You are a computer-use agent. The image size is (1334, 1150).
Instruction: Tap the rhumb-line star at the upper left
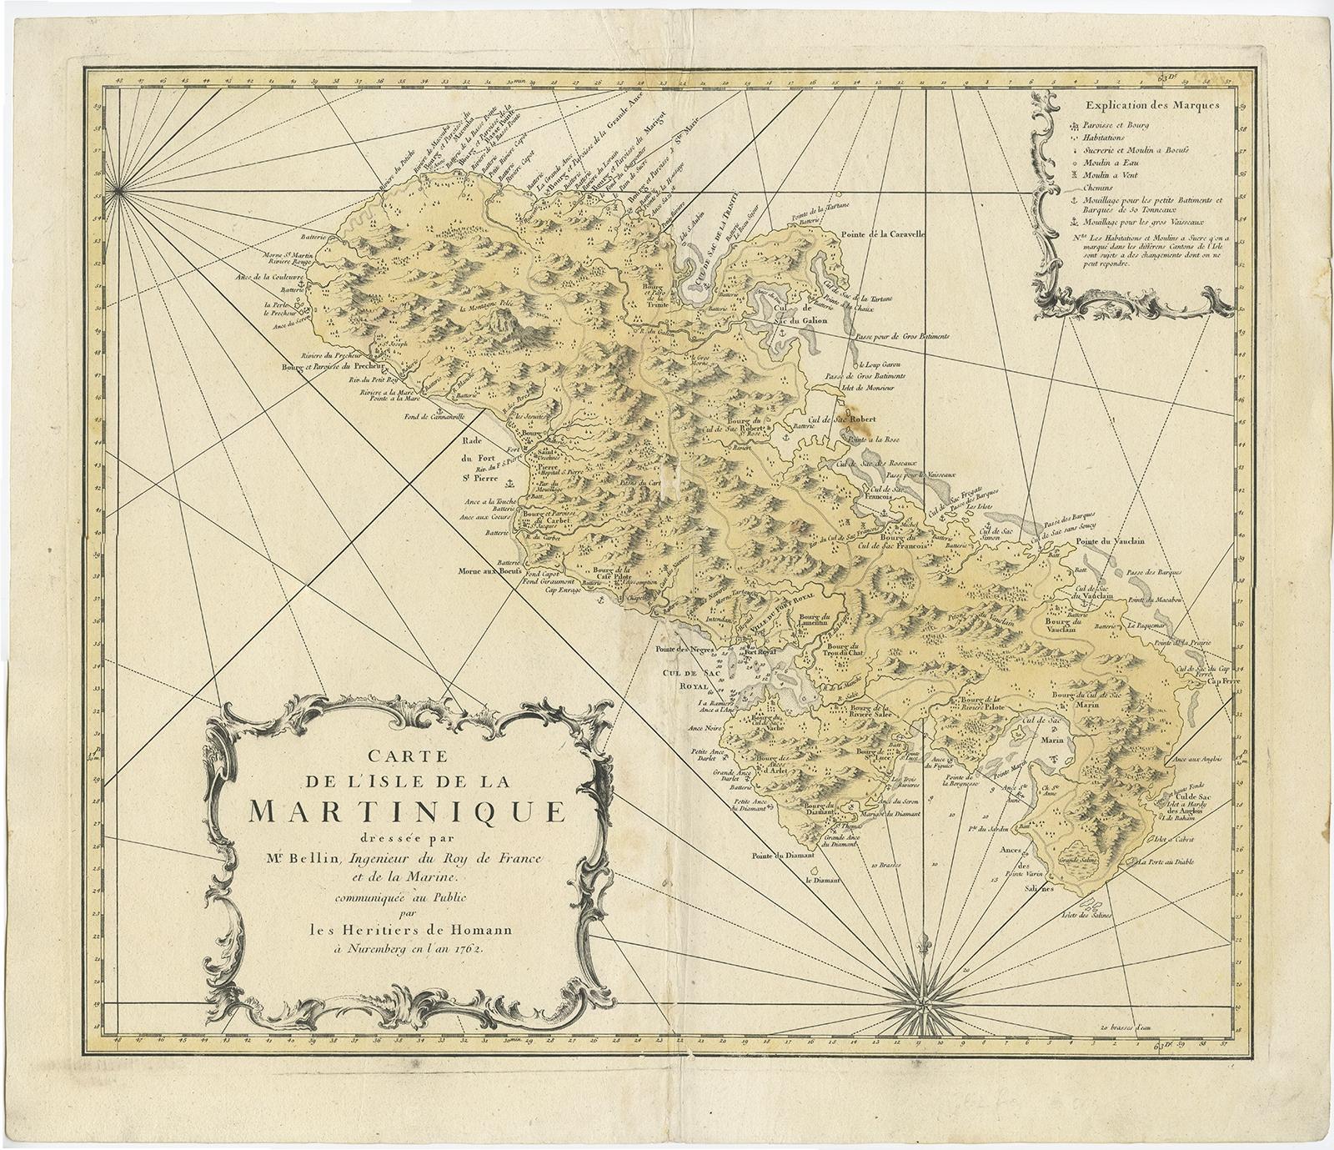click(119, 193)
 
